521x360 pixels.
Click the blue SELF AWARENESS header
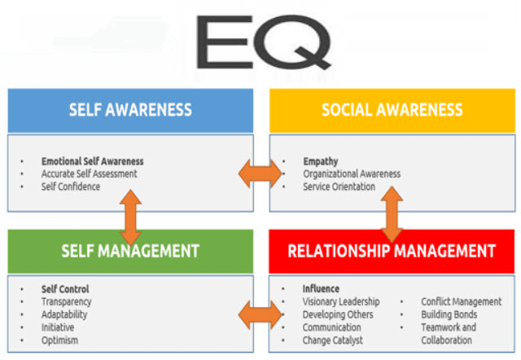click(x=130, y=110)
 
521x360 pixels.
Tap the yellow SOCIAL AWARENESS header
click(x=392, y=110)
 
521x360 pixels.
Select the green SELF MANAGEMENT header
click(x=130, y=251)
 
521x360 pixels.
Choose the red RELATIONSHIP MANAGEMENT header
click(x=392, y=251)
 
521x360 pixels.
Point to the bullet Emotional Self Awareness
click(x=92, y=161)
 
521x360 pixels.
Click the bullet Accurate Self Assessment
click(x=89, y=173)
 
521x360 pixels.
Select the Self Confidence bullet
click(x=70, y=187)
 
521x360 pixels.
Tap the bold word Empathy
click(x=320, y=161)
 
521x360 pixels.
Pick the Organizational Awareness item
click(x=352, y=173)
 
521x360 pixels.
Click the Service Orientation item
click(x=339, y=187)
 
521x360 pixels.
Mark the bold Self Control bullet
click(x=65, y=288)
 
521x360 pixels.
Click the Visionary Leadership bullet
click(x=341, y=301)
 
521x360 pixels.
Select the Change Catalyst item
click(x=332, y=340)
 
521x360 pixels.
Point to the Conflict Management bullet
click(x=461, y=301)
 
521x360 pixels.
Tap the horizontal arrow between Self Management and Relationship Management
click(x=258, y=314)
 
